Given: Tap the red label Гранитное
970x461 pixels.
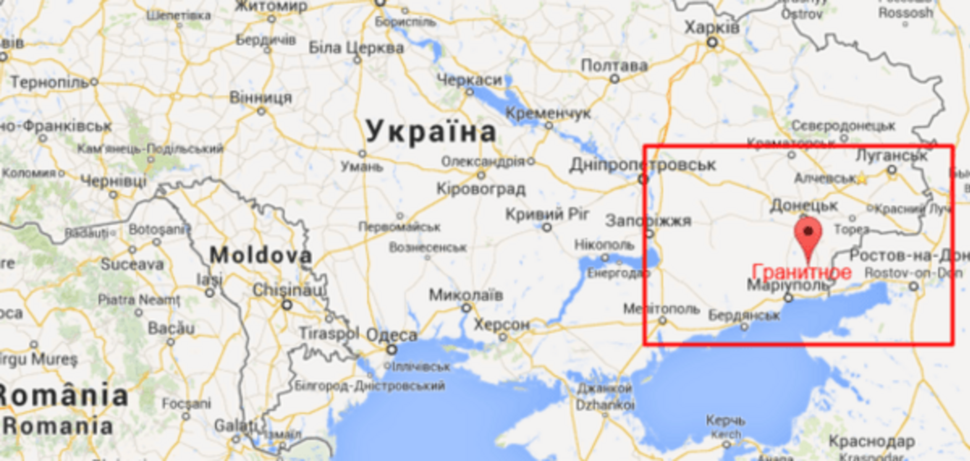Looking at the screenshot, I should pyautogui.click(x=801, y=272).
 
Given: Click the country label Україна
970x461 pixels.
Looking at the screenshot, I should pyautogui.click(x=431, y=132).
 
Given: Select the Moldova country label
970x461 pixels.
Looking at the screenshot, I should pyautogui.click(x=260, y=255).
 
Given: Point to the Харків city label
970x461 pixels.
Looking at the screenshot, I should pyautogui.click(x=712, y=27).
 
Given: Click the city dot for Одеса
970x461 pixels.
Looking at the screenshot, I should pyautogui.click(x=392, y=350).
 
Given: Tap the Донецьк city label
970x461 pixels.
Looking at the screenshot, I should pyautogui.click(x=804, y=205).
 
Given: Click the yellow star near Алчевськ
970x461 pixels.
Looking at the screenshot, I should pyautogui.click(x=862, y=179).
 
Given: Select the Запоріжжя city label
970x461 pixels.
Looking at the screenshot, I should pyautogui.click(x=648, y=220).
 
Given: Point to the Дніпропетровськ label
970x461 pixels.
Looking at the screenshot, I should pyautogui.click(x=643, y=165).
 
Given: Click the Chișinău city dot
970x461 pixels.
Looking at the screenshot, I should pyautogui.click(x=287, y=304).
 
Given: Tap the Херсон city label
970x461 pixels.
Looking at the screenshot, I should pyautogui.click(x=501, y=325).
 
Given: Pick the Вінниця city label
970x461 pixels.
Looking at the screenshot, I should pyautogui.click(x=260, y=97).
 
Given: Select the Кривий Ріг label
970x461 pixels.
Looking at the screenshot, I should pyautogui.click(x=547, y=215).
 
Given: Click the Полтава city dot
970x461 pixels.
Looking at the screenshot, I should pyautogui.click(x=615, y=79).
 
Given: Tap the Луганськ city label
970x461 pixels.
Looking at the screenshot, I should pyautogui.click(x=891, y=156).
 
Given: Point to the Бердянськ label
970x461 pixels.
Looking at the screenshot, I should pyautogui.click(x=743, y=315).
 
